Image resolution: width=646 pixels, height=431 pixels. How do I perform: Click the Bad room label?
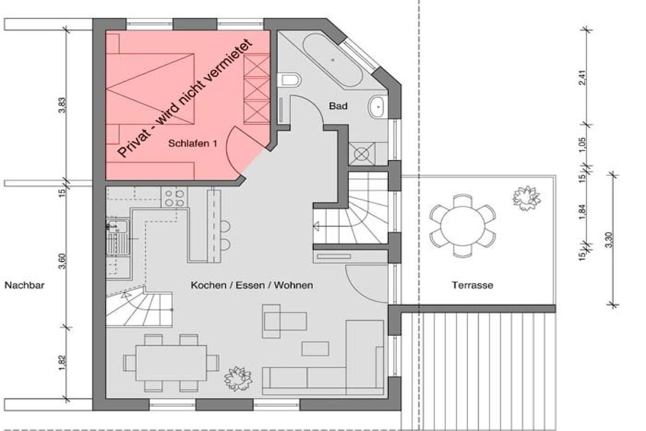pyautogui.click(x=338, y=106)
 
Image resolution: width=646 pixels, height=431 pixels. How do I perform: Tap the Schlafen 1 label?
pyautogui.click(x=192, y=143)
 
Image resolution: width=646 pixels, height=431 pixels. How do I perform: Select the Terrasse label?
pyautogui.click(x=472, y=285)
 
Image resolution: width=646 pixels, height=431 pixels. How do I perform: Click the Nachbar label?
pyautogui.click(x=25, y=285)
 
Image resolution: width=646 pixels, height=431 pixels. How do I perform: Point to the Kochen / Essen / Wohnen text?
pyautogui.click(x=252, y=285)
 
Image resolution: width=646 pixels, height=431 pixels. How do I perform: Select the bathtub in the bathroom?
pyautogui.click(x=333, y=60)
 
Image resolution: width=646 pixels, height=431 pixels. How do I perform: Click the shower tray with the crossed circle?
pyautogui.click(x=361, y=154)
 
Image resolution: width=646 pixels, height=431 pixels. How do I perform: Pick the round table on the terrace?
pyautogui.click(x=462, y=226)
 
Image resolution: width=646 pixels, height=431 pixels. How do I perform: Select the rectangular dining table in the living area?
pyautogui.click(x=171, y=363)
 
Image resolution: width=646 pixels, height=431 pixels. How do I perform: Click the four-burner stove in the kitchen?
pyautogui.click(x=174, y=198)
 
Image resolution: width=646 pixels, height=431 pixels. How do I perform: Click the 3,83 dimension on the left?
pyautogui.click(x=62, y=105)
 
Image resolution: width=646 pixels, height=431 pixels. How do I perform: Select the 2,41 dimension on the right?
pyautogui.click(x=582, y=77)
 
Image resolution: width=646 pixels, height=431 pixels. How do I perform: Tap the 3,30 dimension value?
pyautogui.click(x=609, y=240)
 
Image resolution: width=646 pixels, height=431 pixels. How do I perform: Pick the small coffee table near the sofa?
pyautogui.click(x=315, y=348)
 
